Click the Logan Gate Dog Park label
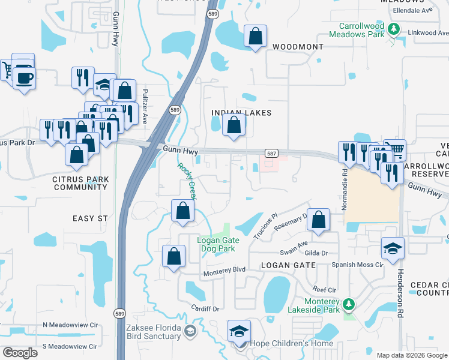218,244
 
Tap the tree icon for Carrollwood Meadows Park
394,28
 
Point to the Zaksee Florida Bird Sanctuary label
153,332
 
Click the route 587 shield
271,154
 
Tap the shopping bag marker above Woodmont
256,37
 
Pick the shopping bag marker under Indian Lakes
234,125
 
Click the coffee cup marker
24,78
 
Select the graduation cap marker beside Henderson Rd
393,249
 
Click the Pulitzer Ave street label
145,106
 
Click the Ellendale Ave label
412,11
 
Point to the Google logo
20,353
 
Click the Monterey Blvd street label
225,270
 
